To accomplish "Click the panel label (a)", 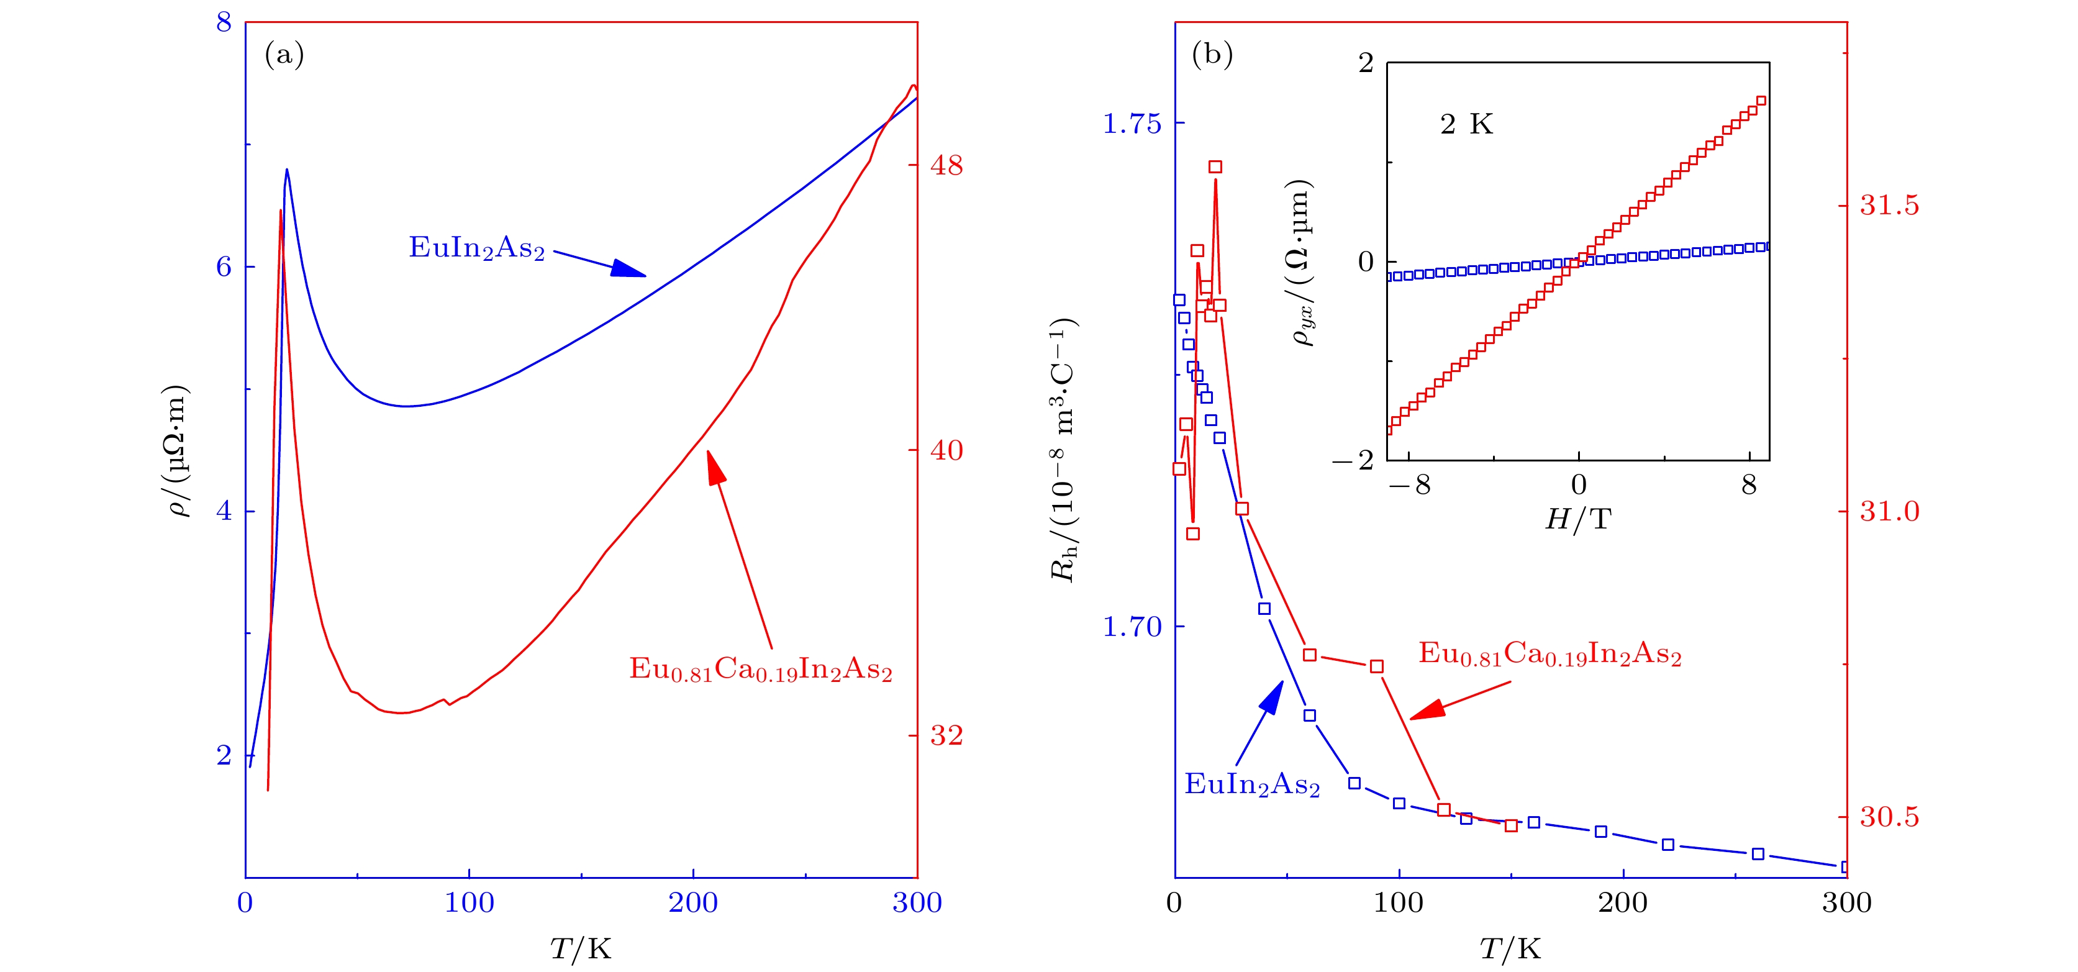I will (x=284, y=55).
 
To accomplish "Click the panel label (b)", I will (x=1212, y=55).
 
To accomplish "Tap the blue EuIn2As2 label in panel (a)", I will (x=477, y=248).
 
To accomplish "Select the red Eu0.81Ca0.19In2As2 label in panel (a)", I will (x=760, y=670).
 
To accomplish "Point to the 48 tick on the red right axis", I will (x=946, y=165).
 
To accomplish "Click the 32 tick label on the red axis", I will (x=946, y=735).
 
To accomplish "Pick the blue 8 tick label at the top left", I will (x=224, y=22).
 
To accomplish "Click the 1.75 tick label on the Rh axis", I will (x=1131, y=124).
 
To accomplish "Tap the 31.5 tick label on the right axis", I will (x=1889, y=206).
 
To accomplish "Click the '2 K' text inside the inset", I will (x=1466, y=124).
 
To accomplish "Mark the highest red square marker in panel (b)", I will (x=1215, y=167).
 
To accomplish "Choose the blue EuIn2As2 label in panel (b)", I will (x=1251, y=784).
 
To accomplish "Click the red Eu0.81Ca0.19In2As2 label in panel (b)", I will (x=1549, y=653).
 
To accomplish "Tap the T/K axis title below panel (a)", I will (x=581, y=948).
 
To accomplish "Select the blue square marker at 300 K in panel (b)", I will (x=1846, y=867).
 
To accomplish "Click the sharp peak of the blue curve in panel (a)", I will (x=286, y=170).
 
